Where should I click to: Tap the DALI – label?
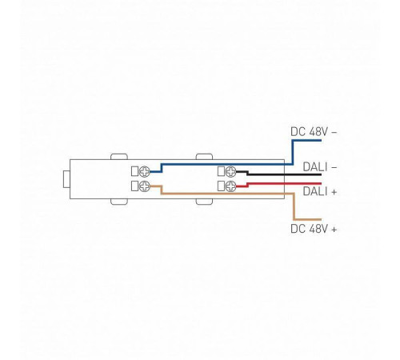[320, 167]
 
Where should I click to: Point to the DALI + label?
[320, 192]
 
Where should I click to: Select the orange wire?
[224, 194]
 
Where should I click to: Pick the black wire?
[280, 174]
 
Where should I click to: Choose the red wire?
[280, 183]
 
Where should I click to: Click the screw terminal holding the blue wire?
[146, 171]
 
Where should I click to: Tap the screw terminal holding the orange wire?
[146, 186]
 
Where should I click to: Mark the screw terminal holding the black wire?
[230, 171]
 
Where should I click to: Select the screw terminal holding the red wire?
[230, 186]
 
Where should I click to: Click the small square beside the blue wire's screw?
[135, 171]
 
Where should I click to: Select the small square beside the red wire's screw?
[220, 186]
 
